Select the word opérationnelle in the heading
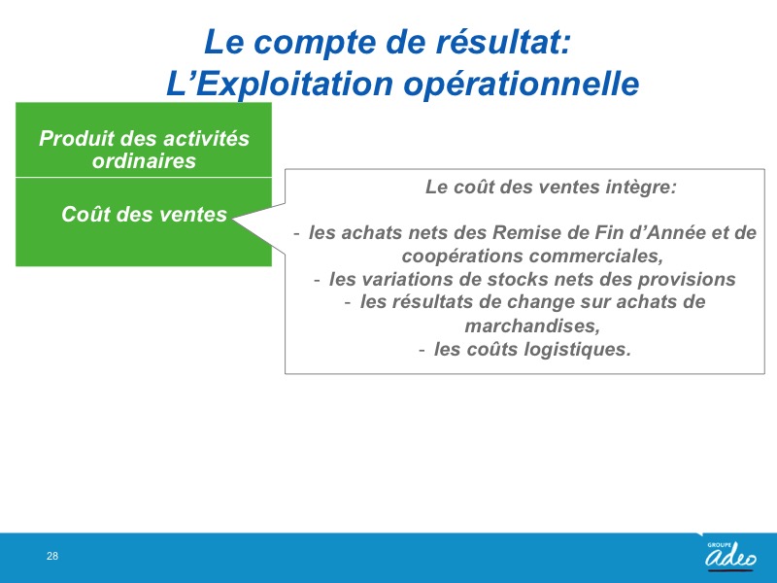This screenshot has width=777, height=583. pyautogui.click(x=522, y=84)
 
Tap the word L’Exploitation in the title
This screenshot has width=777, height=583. pyautogui.click(x=280, y=84)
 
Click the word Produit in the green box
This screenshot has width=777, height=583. pyautogui.click(x=77, y=138)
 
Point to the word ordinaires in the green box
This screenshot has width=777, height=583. pyautogui.click(x=144, y=160)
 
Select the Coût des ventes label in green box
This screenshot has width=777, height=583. pyautogui.click(x=144, y=214)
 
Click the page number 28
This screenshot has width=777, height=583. pyautogui.click(x=52, y=556)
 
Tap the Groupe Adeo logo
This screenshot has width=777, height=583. pyautogui.click(x=730, y=555)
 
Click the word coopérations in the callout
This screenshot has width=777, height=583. pyautogui.click(x=462, y=257)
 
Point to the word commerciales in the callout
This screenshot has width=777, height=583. pyautogui.click(x=595, y=256)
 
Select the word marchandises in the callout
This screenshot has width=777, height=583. pyautogui.click(x=532, y=326)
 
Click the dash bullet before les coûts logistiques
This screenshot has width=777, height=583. pyautogui.click(x=422, y=350)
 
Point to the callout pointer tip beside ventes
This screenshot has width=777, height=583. pyautogui.click(x=232, y=219)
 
